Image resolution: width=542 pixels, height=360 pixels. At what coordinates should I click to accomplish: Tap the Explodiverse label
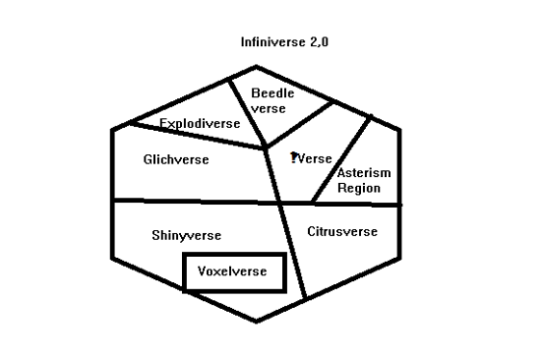click(200, 124)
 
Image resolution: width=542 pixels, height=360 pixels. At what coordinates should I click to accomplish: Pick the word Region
click(359, 187)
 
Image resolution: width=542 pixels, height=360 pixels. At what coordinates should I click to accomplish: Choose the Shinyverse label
click(186, 236)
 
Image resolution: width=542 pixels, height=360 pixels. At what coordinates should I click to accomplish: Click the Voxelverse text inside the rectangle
click(233, 270)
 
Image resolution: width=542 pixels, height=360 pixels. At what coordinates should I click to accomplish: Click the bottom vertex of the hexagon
click(257, 323)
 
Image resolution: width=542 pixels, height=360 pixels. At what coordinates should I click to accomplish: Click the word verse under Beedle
click(268, 108)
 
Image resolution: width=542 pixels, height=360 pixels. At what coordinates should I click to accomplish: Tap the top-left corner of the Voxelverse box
click(185, 255)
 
